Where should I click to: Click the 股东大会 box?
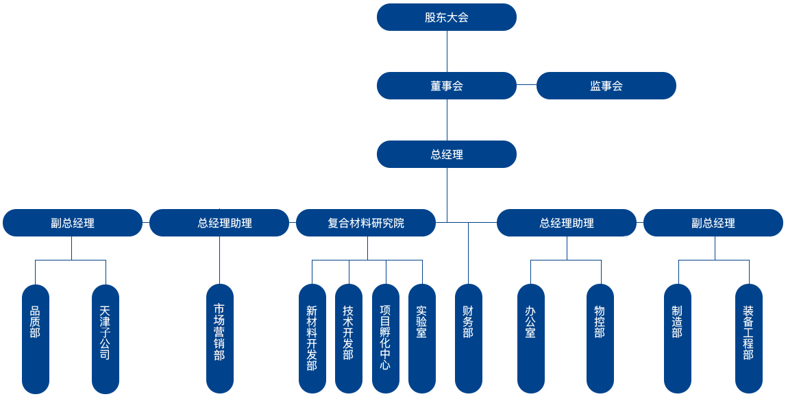(x=446, y=17)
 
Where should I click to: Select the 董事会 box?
(x=446, y=86)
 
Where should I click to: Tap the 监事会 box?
(x=606, y=86)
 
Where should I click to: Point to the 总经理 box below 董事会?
(x=446, y=154)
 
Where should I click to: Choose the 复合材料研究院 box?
(x=366, y=223)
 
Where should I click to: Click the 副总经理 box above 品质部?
(x=73, y=223)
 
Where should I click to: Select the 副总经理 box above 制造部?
(x=713, y=223)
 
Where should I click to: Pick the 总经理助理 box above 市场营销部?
(x=219, y=223)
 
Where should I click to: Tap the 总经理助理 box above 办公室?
(x=566, y=223)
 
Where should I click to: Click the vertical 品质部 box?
(x=36, y=339)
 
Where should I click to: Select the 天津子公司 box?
(x=106, y=339)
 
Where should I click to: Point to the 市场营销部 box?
(x=219, y=339)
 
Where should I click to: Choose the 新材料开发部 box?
(x=312, y=339)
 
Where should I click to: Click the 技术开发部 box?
(x=348, y=339)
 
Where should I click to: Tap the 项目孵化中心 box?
(x=385, y=339)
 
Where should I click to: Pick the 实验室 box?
(x=421, y=339)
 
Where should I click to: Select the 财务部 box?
(x=468, y=339)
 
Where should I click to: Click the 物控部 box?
(x=600, y=339)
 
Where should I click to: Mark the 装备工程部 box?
(x=748, y=339)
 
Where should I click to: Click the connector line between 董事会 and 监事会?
(x=526, y=85)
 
